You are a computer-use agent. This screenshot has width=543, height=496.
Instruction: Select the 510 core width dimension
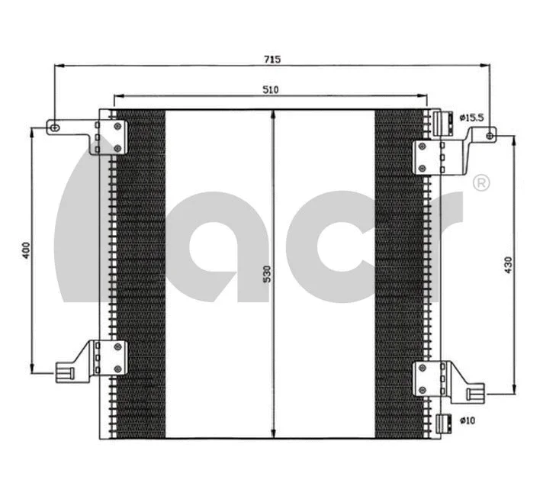pos(270,90)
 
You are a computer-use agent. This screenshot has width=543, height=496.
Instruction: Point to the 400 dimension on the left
pos(24,250)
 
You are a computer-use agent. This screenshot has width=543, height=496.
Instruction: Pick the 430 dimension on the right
pos(508,264)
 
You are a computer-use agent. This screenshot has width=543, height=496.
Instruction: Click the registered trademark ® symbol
pos(481,182)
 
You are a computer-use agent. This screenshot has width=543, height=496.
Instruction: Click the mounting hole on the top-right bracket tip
pos(489,136)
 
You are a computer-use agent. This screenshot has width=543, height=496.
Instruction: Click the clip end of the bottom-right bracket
pos(475,393)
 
